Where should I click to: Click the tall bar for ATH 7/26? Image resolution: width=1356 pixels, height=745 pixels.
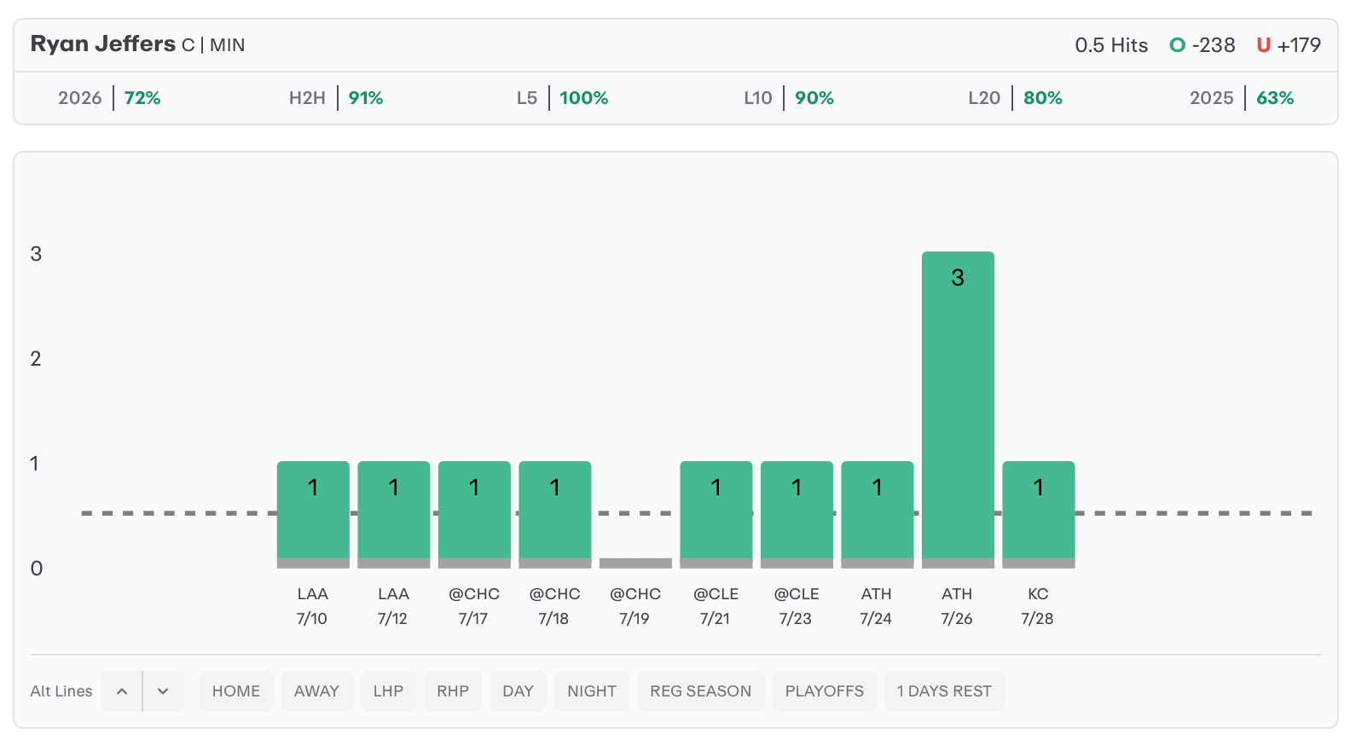click(958, 409)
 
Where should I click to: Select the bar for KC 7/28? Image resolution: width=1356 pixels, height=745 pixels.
click(1038, 514)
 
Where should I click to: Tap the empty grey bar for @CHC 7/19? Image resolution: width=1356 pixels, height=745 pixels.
click(635, 563)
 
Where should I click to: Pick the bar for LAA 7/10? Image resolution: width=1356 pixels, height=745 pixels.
click(313, 514)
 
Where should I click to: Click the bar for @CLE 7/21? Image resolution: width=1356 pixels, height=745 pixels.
click(716, 514)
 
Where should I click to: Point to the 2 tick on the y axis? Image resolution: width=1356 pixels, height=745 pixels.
click(36, 359)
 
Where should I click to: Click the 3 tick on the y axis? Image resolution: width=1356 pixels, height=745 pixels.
click(36, 253)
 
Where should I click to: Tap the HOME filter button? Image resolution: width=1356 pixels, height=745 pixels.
click(236, 691)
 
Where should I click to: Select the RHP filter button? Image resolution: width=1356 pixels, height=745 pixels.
click(453, 691)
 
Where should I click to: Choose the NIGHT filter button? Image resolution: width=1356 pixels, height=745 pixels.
click(591, 691)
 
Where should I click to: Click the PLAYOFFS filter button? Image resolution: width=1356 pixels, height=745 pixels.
click(825, 691)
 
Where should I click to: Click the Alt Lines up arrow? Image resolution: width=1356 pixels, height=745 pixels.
click(122, 691)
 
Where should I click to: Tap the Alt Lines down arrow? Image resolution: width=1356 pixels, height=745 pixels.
click(163, 691)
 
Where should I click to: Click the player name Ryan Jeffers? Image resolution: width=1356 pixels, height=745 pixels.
click(103, 44)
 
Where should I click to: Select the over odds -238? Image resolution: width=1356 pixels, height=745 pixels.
click(1214, 45)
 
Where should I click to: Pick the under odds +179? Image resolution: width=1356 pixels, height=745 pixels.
click(1299, 45)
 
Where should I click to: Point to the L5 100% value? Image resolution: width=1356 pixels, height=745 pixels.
click(583, 98)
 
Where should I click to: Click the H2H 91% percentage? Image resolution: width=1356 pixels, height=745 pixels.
click(366, 98)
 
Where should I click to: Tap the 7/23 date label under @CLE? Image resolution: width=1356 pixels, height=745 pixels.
click(796, 619)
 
